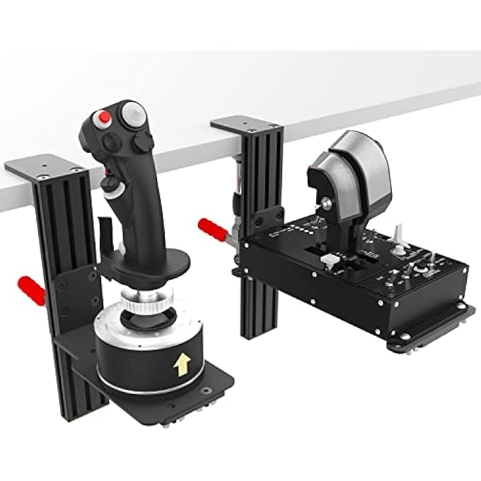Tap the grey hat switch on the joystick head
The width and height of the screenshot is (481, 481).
(132, 113)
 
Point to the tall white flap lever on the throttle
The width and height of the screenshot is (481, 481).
(399, 233)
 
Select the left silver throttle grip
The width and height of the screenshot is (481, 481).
(328, 177)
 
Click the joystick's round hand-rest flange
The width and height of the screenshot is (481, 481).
(144, 270)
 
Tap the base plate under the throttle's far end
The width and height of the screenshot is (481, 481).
(439, 325)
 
